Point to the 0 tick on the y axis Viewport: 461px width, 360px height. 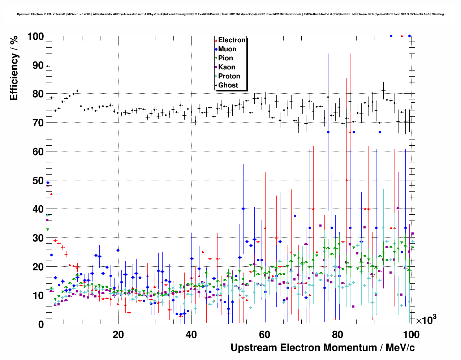point(41,324)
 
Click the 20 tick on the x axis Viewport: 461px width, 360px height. point(118,334)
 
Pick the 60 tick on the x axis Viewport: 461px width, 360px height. point(265,334)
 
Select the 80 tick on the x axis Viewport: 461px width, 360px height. point(338,334)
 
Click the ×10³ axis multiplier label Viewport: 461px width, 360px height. point(426,320)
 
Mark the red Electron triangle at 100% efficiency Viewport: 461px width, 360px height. point(402,36)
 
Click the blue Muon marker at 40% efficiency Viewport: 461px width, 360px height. point(243,209)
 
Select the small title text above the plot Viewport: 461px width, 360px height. point(230,14)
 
